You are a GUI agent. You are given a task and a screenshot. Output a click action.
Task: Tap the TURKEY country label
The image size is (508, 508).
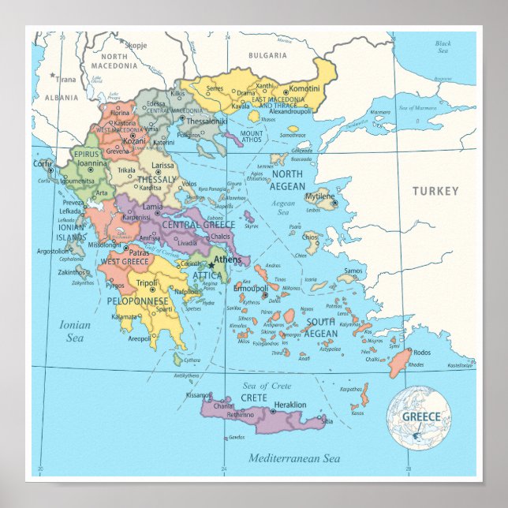point(435,191)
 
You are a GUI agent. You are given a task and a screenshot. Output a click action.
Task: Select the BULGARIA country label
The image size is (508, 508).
point(267,55)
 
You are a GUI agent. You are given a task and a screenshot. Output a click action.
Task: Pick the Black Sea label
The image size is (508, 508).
point(443,47)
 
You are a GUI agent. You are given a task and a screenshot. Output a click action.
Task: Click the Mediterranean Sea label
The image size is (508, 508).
point(293,458)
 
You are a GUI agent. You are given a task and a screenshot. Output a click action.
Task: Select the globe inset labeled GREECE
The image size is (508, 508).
point(418,417)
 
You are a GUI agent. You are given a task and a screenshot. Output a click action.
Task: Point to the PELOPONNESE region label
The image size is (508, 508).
point(138,301)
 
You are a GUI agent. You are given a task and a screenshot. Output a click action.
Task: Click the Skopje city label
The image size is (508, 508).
point(136,46)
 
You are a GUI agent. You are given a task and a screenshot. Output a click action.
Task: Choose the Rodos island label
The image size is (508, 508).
point(422,352)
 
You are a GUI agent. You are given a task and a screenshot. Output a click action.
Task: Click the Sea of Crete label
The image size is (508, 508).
point(267,386)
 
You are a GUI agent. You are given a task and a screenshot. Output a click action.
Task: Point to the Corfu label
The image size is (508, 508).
point(42,163)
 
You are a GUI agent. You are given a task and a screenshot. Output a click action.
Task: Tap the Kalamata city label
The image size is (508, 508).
point(125,316)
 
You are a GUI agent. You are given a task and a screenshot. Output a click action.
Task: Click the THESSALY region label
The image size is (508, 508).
point(157,179)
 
